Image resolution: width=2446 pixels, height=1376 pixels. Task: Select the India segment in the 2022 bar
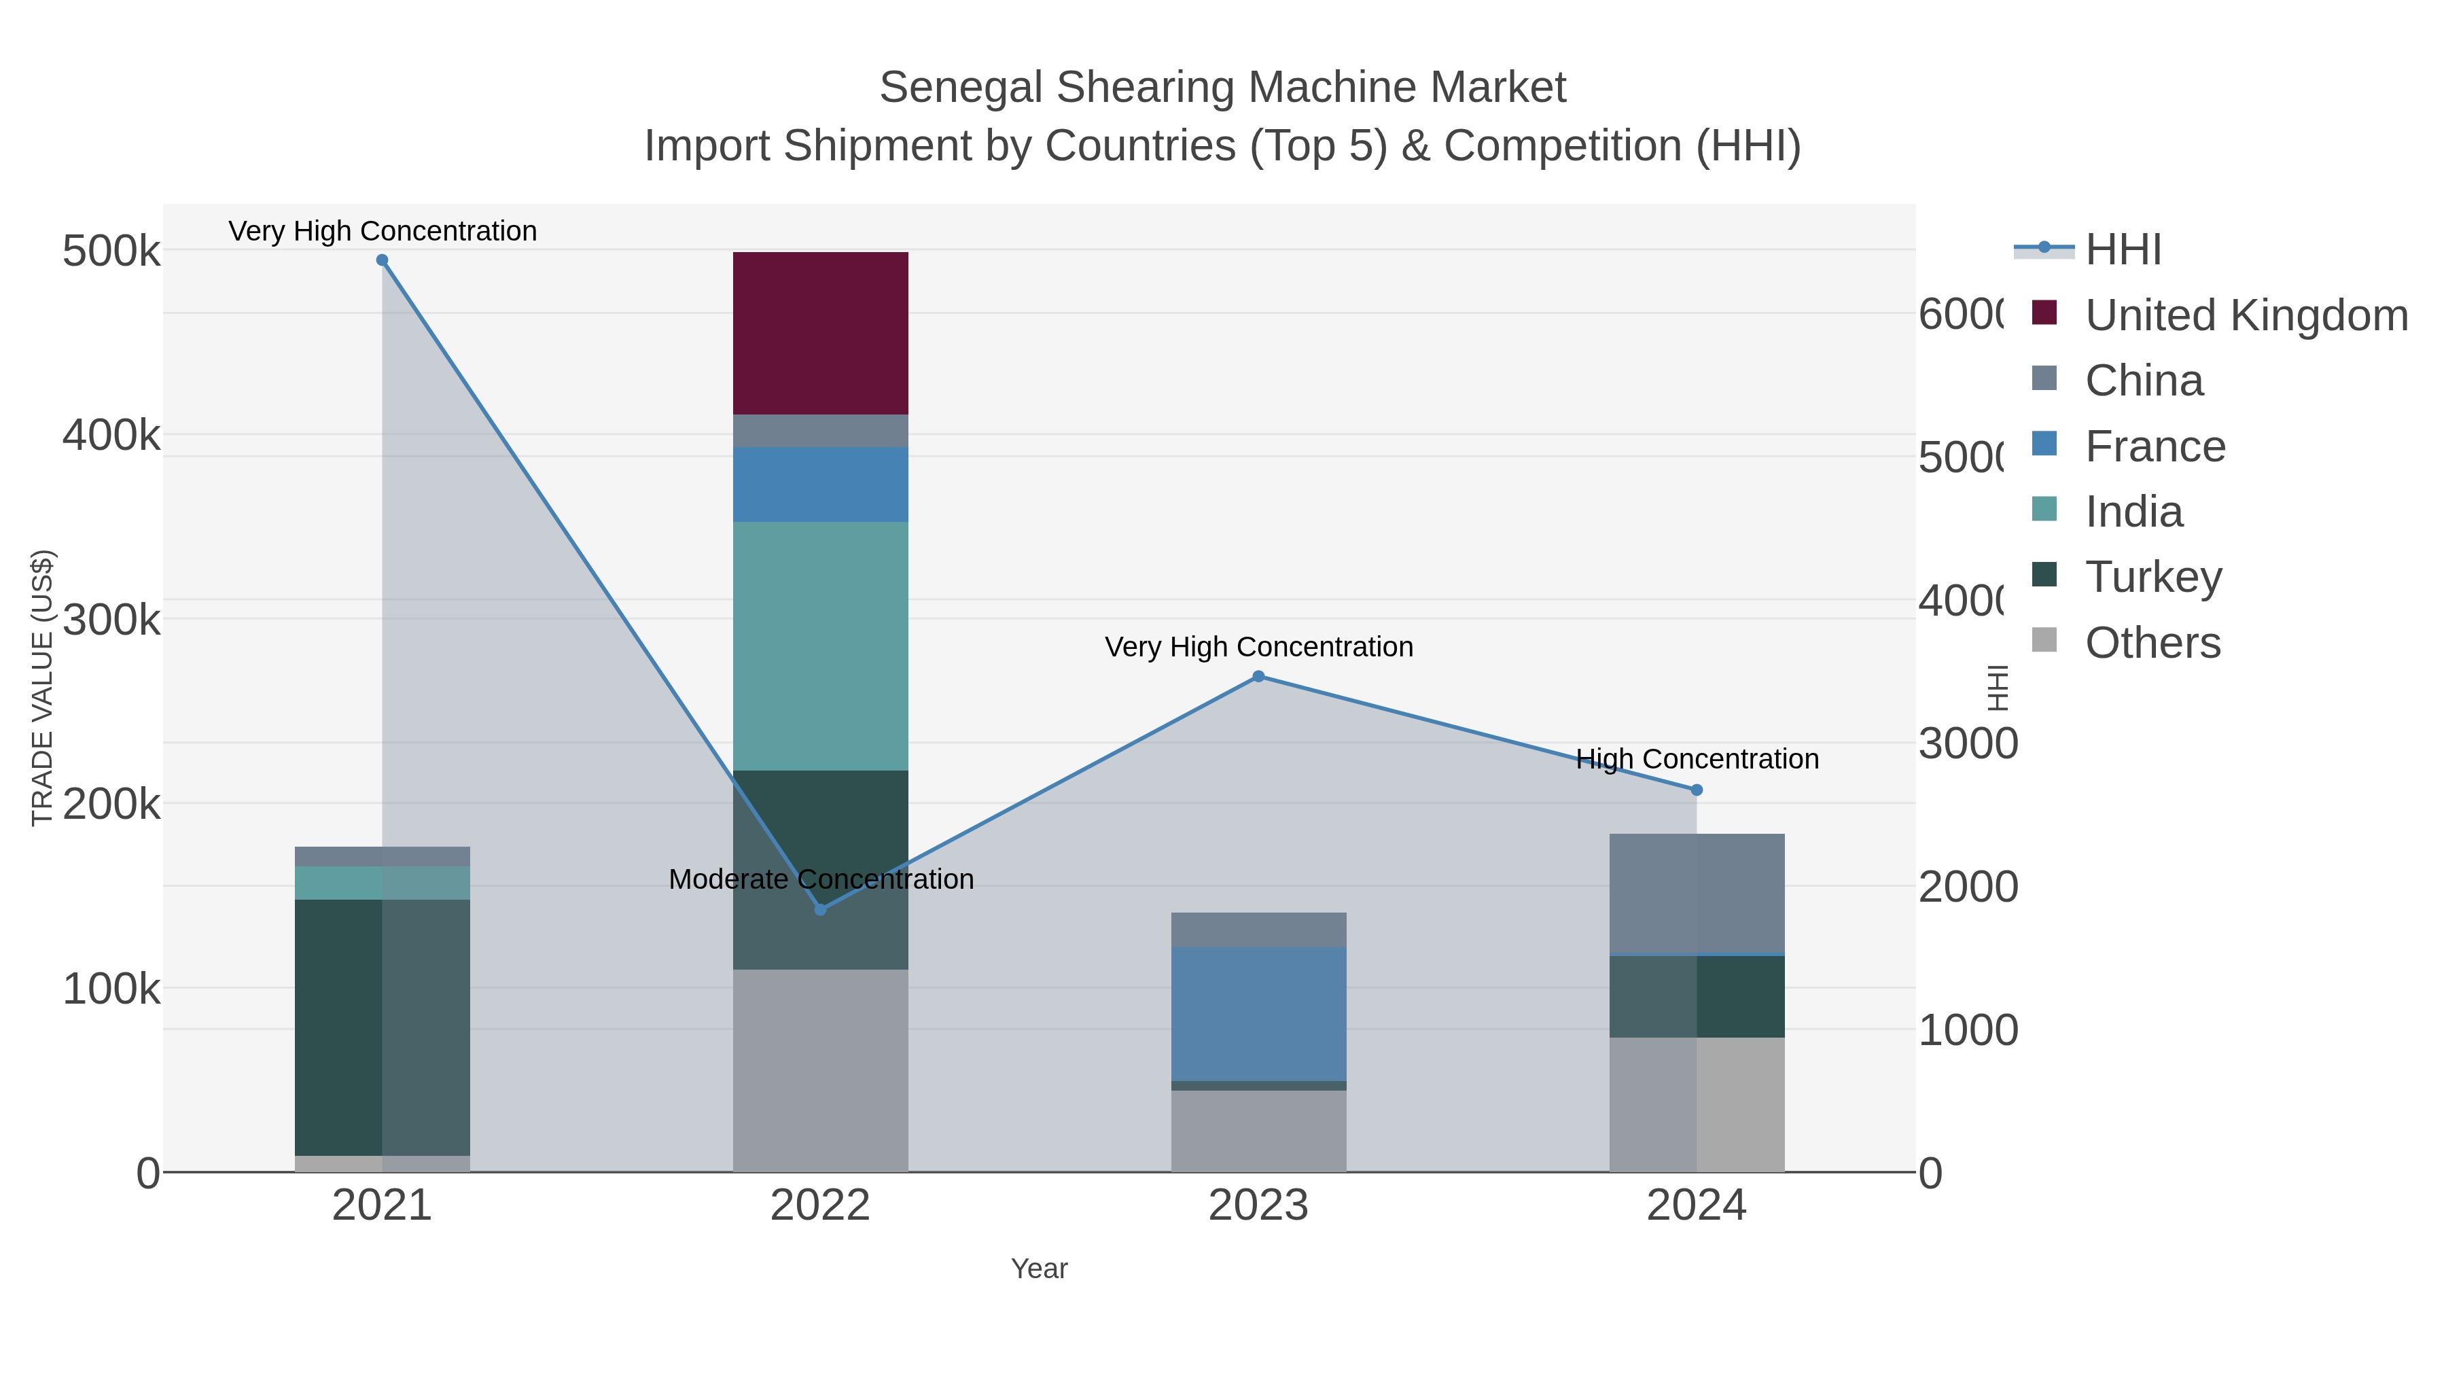pos(820,646)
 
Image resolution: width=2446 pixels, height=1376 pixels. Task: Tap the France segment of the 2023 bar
pos(1258,1013)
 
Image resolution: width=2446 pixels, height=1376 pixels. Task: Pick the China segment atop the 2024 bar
pos(1696,893)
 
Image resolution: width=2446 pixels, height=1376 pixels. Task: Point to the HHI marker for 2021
pos(382,260)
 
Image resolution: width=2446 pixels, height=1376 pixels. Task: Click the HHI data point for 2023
pos(1258,676)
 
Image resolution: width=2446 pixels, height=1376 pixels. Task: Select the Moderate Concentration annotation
pos(820,879)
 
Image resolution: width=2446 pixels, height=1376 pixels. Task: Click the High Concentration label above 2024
pos(1697,759)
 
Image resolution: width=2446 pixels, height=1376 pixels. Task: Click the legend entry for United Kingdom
pos(2246,315)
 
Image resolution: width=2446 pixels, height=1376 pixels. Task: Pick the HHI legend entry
pos(2123,249)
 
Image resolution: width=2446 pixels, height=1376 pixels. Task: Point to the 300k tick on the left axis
pos(111,620)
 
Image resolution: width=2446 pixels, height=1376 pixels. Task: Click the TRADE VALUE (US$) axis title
pos(43,688)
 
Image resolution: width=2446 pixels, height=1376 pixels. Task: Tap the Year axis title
pos(1039,1269)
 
